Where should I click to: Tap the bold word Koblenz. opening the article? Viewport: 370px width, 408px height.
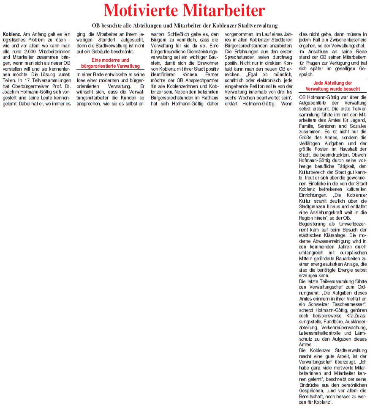[x=11, y=33]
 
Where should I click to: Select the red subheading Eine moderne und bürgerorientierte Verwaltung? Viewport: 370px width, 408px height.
[x=110, y=63]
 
